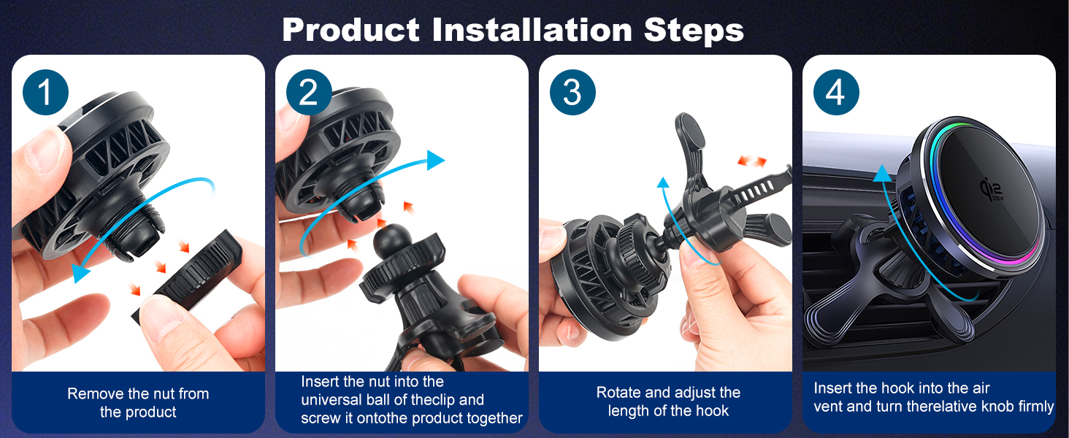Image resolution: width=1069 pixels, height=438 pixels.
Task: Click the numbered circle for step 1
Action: pyautogui.click(x=45, y=92)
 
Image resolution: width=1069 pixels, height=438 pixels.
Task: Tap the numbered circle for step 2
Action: pyautogui.click(x=309, y=92)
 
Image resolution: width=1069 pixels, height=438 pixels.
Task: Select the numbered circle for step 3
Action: pyautogui.click(x=572, y=92)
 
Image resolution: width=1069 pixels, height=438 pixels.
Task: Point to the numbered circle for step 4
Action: pyautogui.click(x=836, y=92)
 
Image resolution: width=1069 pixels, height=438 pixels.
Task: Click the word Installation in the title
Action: pyautogui.click(x=532, y=30)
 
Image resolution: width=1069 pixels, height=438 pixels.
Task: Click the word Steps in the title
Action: pyautogui.click(x=694, y=31)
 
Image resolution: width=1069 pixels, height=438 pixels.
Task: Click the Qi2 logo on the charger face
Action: pyautogui.click(x=992, y=189)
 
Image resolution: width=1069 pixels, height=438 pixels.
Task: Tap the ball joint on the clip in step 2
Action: pyautogui.click(x=392, y=241)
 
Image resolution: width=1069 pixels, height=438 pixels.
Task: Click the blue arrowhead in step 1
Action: pyautogui.click(x=80, y=272)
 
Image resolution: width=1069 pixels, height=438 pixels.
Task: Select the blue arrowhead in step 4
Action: pyautogui.click(x=883, y=174)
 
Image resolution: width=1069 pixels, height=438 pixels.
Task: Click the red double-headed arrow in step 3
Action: pyautogui.click(x=752, y=161)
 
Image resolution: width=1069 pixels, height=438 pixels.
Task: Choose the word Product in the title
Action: pyautogui.click(x=350, y=30)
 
